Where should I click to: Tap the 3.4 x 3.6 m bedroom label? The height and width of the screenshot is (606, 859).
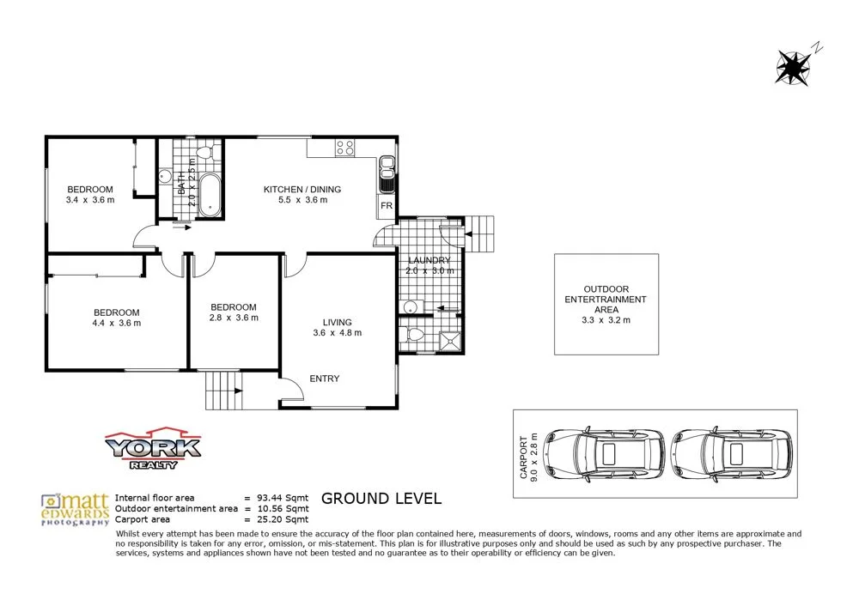coord(90,195)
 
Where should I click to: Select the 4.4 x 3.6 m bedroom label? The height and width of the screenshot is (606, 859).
coord(115,318)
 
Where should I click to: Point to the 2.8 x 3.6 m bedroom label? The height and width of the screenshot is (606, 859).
coord(234,312)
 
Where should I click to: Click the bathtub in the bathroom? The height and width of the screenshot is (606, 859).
coord(210,196)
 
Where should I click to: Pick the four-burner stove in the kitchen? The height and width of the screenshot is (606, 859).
coord(344,148)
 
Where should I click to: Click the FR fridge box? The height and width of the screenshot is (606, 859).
coord(386,207)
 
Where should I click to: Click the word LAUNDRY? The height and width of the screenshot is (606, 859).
coord(429,261)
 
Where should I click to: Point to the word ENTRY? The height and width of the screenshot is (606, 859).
coord(324,379)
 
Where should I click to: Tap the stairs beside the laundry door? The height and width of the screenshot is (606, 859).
coord(482,233)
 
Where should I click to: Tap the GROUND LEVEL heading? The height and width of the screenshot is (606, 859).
coord(381,499)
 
